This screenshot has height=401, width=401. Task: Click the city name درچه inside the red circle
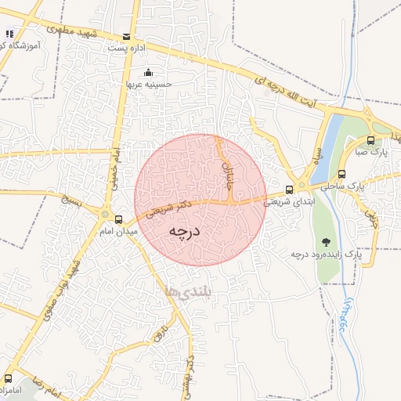(x=186, y=232)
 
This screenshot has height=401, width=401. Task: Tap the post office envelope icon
(x=127, y=37)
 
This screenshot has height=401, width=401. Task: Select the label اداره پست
(x=126, y=49)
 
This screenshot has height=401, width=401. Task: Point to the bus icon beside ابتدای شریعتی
(x=290, y=189)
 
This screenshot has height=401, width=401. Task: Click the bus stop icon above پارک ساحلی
(x=341, y=174)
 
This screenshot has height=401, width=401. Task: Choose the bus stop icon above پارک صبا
(x=370, y=141)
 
